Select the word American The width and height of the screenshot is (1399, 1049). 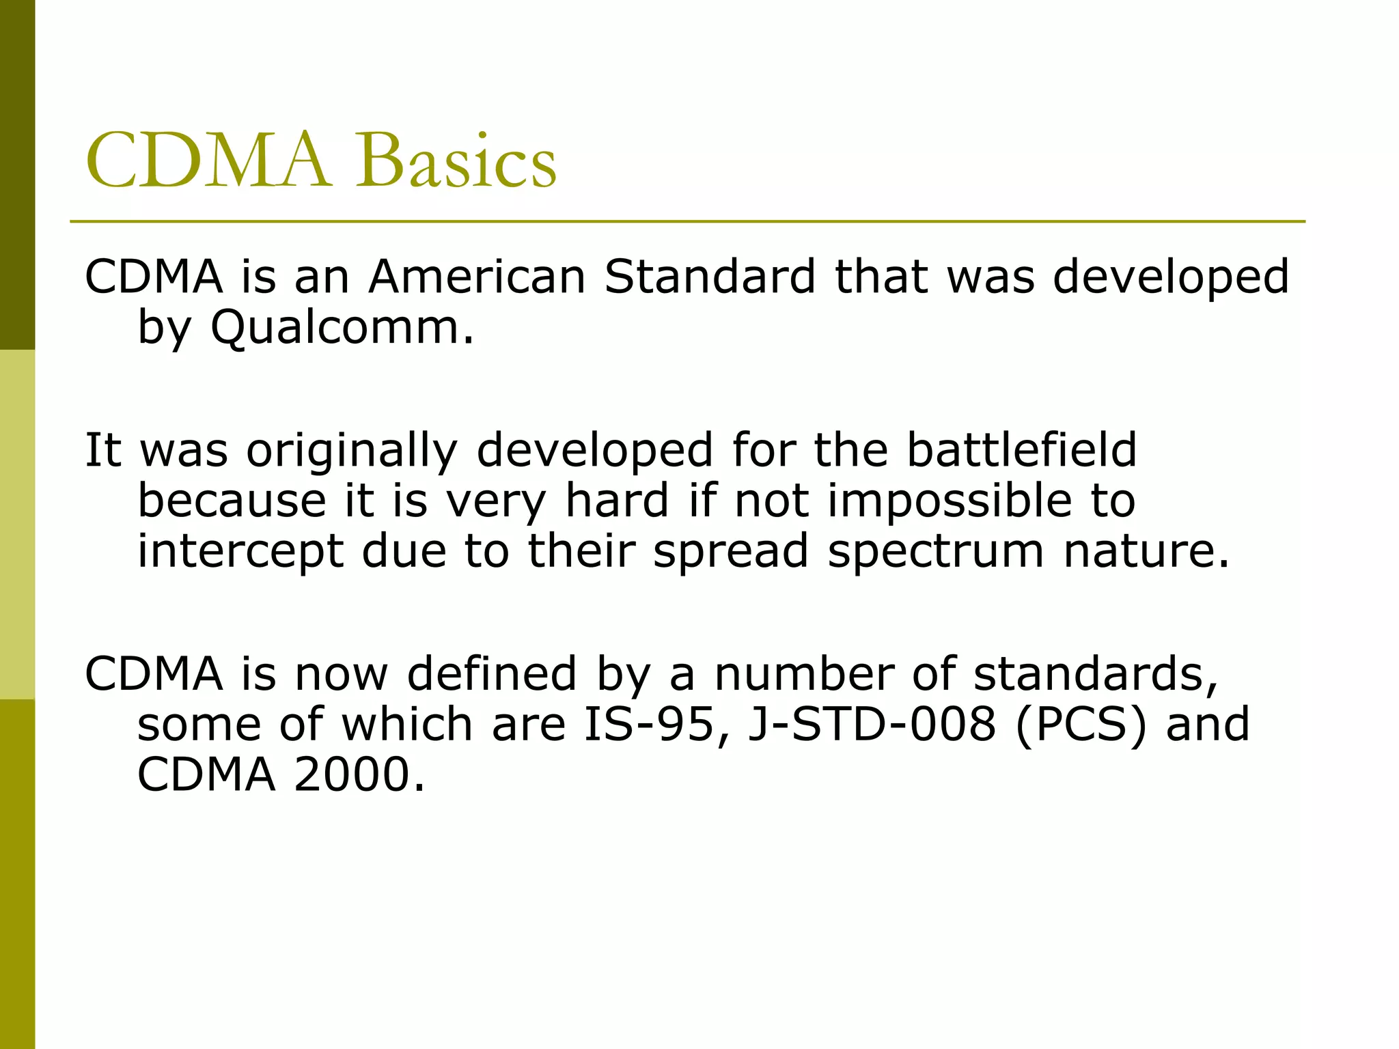[x=477, y=277]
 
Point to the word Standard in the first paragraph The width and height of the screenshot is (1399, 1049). [x=710, y=277]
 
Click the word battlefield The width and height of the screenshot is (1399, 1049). [x=1021, y=450]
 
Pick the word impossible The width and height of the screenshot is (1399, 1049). [x=950, y=501]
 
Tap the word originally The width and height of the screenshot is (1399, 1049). [x=352, y=451]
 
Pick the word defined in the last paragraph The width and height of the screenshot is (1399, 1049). [x=492, y=673]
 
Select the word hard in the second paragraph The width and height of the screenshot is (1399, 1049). [x=618, y=501]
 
